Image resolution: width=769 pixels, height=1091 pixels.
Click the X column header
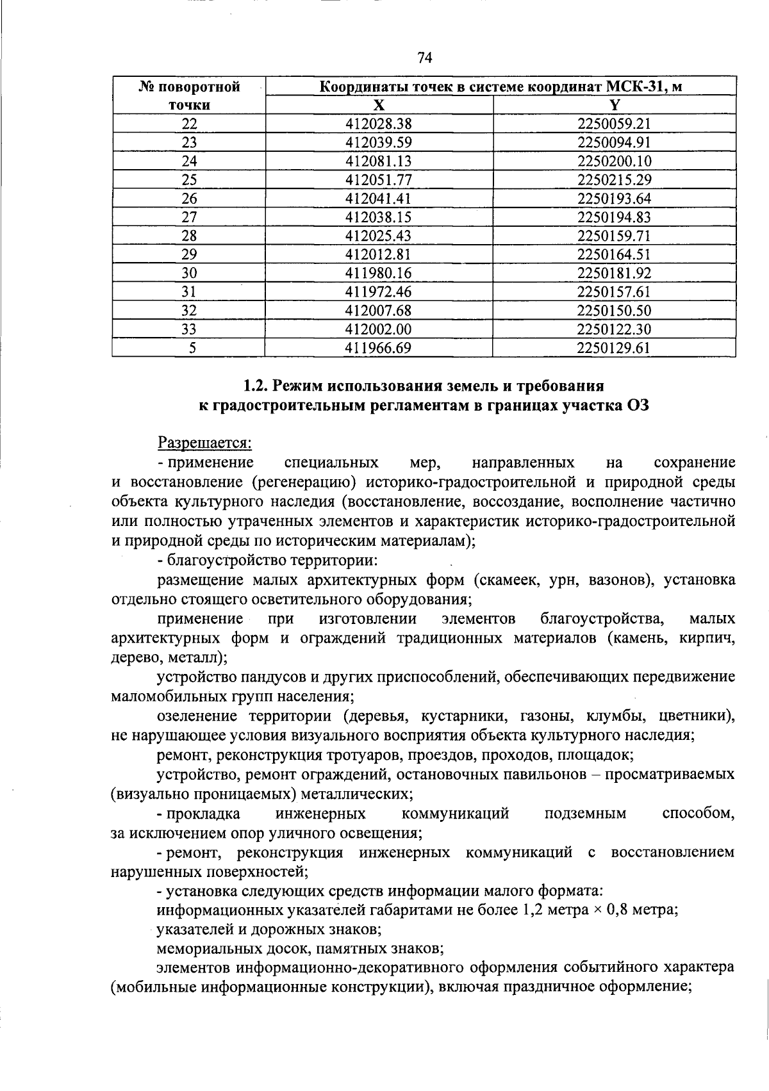pos(379,105)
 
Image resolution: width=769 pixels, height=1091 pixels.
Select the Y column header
pos(615,105)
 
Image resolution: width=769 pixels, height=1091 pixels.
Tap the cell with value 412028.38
pos(378,124)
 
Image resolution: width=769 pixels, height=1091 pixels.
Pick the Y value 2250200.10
pos(614,161)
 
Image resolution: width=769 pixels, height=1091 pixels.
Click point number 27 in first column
pos(189,217)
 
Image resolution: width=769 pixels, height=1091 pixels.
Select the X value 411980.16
pos(378,274)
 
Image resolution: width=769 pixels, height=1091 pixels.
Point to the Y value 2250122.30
pos(614,329)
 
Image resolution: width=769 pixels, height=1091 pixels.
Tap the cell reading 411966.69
pos(378,348)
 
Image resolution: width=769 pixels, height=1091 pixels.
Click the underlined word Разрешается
pos(205,443)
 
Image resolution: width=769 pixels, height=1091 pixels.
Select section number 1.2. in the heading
pos(256,386)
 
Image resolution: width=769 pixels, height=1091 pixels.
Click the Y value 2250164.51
pos(614,254)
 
